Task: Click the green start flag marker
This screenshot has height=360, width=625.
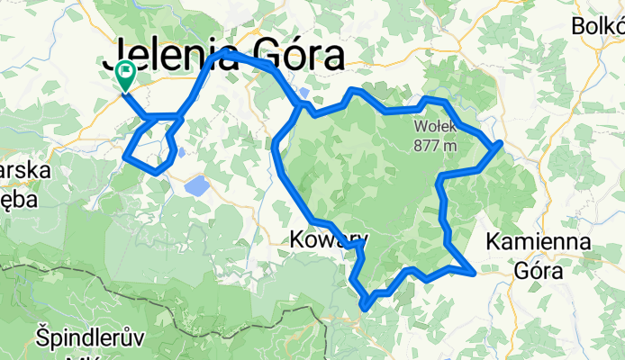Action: coord(124,75)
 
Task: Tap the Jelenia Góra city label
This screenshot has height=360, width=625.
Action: coord(222,57)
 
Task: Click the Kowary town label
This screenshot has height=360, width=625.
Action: coord(330,240)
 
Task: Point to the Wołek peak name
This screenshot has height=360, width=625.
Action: coord(435,127)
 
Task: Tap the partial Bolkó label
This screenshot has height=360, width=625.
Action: coord(597,26)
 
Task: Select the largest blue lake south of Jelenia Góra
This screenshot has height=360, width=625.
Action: coord(197,187)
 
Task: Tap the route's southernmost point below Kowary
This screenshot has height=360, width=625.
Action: coord(364,308)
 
